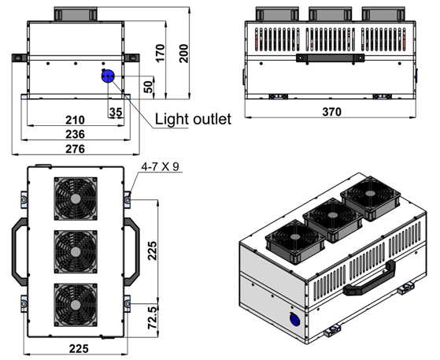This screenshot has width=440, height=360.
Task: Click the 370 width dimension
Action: point(332,112)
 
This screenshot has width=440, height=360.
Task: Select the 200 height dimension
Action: point(184,54)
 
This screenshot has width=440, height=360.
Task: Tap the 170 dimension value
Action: point(161,54)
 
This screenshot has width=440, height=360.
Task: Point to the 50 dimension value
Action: point(149,87)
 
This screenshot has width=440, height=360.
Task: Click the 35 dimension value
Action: point(116,112)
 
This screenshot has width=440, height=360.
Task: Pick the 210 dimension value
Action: point(75,121)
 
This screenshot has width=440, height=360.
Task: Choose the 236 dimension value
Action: point(75,134)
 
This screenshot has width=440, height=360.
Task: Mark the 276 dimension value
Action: point(75,149)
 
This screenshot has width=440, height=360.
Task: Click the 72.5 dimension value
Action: point(153,318)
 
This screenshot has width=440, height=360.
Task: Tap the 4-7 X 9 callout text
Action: point(160,167)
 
